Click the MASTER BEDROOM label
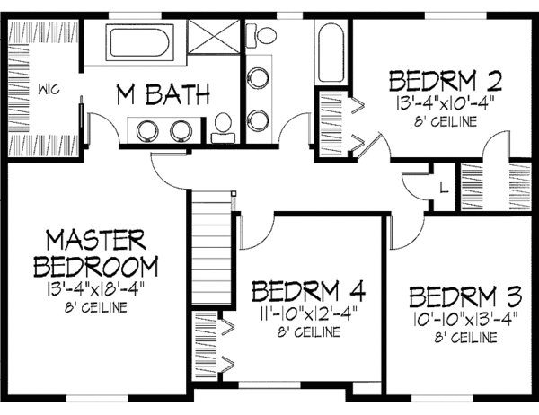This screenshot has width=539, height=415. click(x=95, y=254)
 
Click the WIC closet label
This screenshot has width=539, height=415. click(x=48, y=90)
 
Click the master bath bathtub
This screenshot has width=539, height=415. click(x=141, y=42)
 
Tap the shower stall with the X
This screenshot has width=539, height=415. click(x=212, y=41)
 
